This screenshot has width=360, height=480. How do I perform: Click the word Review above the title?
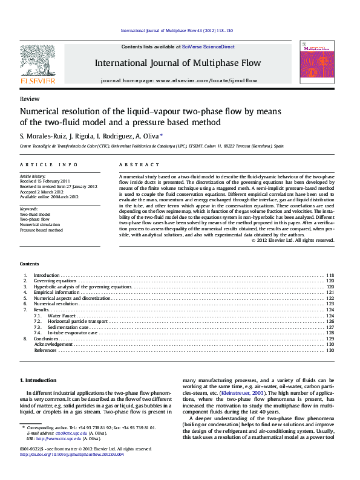pos(30,99)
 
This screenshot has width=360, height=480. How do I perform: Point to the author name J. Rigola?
pos(77,137)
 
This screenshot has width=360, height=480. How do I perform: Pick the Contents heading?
pos(28,264)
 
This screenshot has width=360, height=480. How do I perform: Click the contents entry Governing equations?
pos(55,281)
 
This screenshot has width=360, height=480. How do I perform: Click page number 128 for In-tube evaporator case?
pos(330,333)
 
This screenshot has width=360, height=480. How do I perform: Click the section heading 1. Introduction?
pos(39,380)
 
